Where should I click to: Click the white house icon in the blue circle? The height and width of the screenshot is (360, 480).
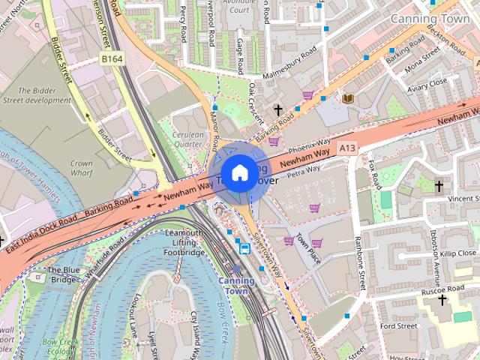click(x=238, y=173)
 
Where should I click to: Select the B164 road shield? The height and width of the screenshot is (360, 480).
click(x=112, y=58)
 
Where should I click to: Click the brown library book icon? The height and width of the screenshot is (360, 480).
click(x=348, y=98)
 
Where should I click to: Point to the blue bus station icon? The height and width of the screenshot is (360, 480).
click(x=244, y=247)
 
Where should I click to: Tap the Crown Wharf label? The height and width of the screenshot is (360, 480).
click(x=81, y=167)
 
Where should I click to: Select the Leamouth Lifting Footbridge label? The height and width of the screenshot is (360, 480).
click(x=183, y=243)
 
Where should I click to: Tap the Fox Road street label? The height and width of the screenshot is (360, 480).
click(x=373, y=172)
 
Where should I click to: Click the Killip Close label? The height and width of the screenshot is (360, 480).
click(x=458, y=254)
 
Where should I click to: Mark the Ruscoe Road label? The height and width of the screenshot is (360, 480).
click(x=444, y=289)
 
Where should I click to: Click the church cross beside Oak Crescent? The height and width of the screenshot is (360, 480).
click(x=278, y=110)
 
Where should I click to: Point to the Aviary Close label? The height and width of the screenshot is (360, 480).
click(x=427, y=82)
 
